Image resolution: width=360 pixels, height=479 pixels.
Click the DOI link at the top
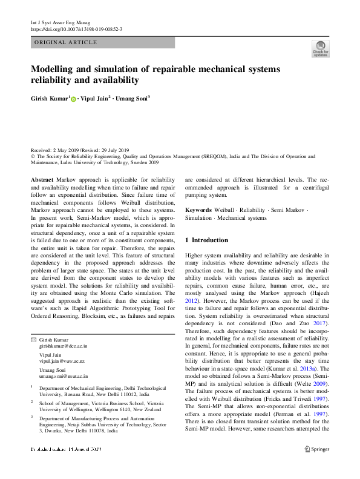coord(77,29)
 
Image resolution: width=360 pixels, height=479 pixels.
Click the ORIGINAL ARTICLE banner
coord(66,42)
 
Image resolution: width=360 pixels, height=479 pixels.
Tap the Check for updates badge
coord(320,48)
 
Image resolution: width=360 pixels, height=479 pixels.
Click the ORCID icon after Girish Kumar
coord(74,98)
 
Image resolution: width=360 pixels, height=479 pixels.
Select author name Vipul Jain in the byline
coord(96,97)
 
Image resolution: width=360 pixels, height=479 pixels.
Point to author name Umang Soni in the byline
coord(131,97)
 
